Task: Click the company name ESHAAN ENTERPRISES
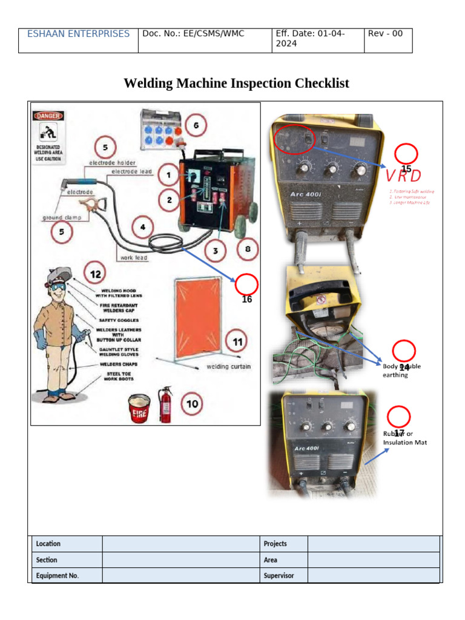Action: [78, 34]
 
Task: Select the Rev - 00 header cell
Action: [385, 34]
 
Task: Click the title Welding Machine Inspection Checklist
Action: [236, 83]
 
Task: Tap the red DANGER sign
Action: [48, 116]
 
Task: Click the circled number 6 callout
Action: [196, 126]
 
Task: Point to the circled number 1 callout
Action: [169, 176]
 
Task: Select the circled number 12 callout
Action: [96, 274]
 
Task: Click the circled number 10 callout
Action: [192, 404]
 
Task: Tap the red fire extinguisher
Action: [165, 405]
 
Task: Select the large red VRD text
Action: [403, 176]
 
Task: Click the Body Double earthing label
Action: [401, 371]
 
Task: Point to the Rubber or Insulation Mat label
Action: [404, 438]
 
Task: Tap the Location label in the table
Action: [48, 544]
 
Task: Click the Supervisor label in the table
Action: [279, 576]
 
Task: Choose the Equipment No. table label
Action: [58, 576]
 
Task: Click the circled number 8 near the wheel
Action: [247, 249]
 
